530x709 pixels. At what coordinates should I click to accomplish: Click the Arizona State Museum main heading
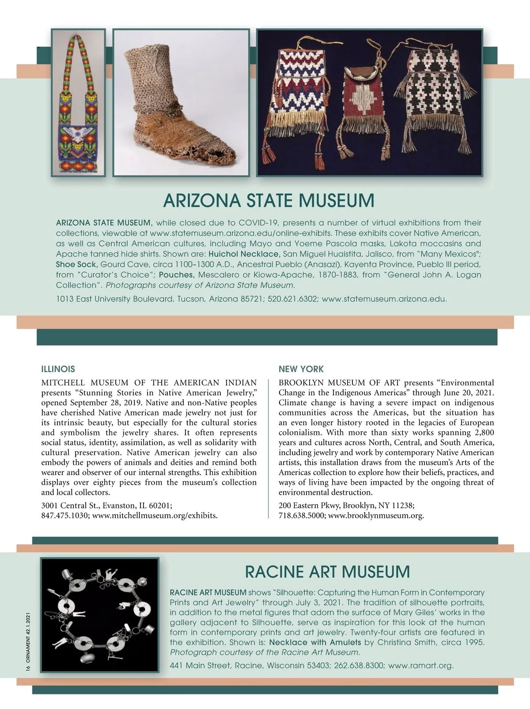(269, 200)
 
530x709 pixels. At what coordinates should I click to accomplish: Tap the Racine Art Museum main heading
(327, 572)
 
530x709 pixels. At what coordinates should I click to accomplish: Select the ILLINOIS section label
(58, 369)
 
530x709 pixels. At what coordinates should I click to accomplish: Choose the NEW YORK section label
(301, 369)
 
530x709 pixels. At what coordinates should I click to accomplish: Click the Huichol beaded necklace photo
(78, 102)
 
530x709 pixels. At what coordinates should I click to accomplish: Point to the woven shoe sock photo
(181, 102)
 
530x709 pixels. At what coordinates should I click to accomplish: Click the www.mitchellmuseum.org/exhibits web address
(155, 515)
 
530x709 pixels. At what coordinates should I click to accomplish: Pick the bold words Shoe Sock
(76, 264)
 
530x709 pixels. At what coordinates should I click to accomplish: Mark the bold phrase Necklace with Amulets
(315, 642)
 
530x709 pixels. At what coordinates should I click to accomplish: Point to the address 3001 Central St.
(71, 505)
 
